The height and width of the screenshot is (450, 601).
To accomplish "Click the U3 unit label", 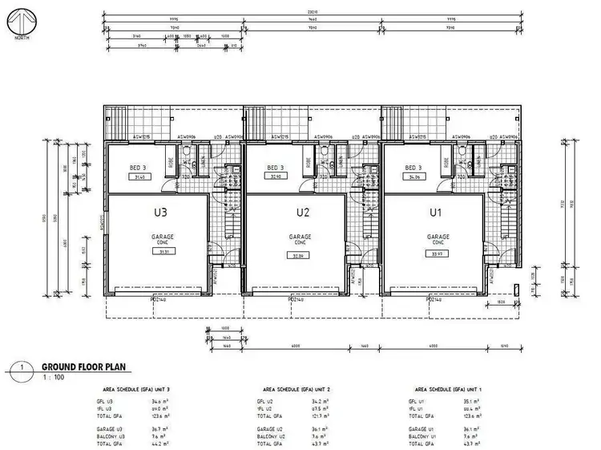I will (160, 213).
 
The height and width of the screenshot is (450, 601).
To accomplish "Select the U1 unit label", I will (437, 213).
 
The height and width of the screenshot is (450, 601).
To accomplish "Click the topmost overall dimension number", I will (299, 12).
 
